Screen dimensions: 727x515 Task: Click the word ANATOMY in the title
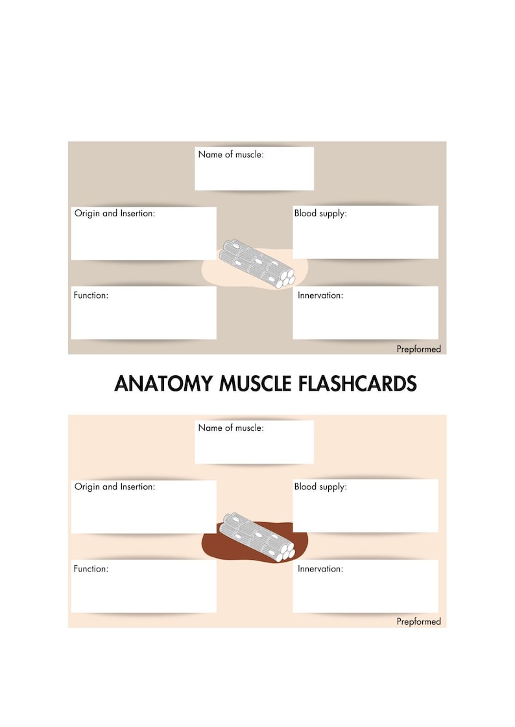[x=164, y=384]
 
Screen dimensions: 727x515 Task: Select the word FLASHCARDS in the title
[x=357, y=384]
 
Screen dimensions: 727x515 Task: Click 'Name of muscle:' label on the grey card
[x=231, y=155]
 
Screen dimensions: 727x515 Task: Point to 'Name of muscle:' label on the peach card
[x=231, y=428]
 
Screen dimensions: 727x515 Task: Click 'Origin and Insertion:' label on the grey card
[x=115, y=213]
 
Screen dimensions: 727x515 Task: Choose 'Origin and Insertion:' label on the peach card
[x=115, y=487]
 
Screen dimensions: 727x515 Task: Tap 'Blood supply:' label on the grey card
[x=320, y=213]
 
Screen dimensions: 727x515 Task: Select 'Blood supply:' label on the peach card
[x=320, y=487]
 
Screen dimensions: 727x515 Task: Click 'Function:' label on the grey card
[x=91, y=295]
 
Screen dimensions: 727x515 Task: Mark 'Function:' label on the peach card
[x=91, y=568]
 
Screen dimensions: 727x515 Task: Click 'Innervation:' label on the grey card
[x=320, y=295]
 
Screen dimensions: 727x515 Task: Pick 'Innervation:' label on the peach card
[x=320, y=569]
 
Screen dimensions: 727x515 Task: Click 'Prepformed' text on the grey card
[x=418, y=349]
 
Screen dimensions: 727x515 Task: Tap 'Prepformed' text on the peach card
[x=418, y=622]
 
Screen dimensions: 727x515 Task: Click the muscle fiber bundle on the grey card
[x=257, y=262]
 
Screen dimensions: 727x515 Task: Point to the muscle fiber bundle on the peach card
[x=257, y=536]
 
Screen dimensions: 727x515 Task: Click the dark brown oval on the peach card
[x=214, y=544]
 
